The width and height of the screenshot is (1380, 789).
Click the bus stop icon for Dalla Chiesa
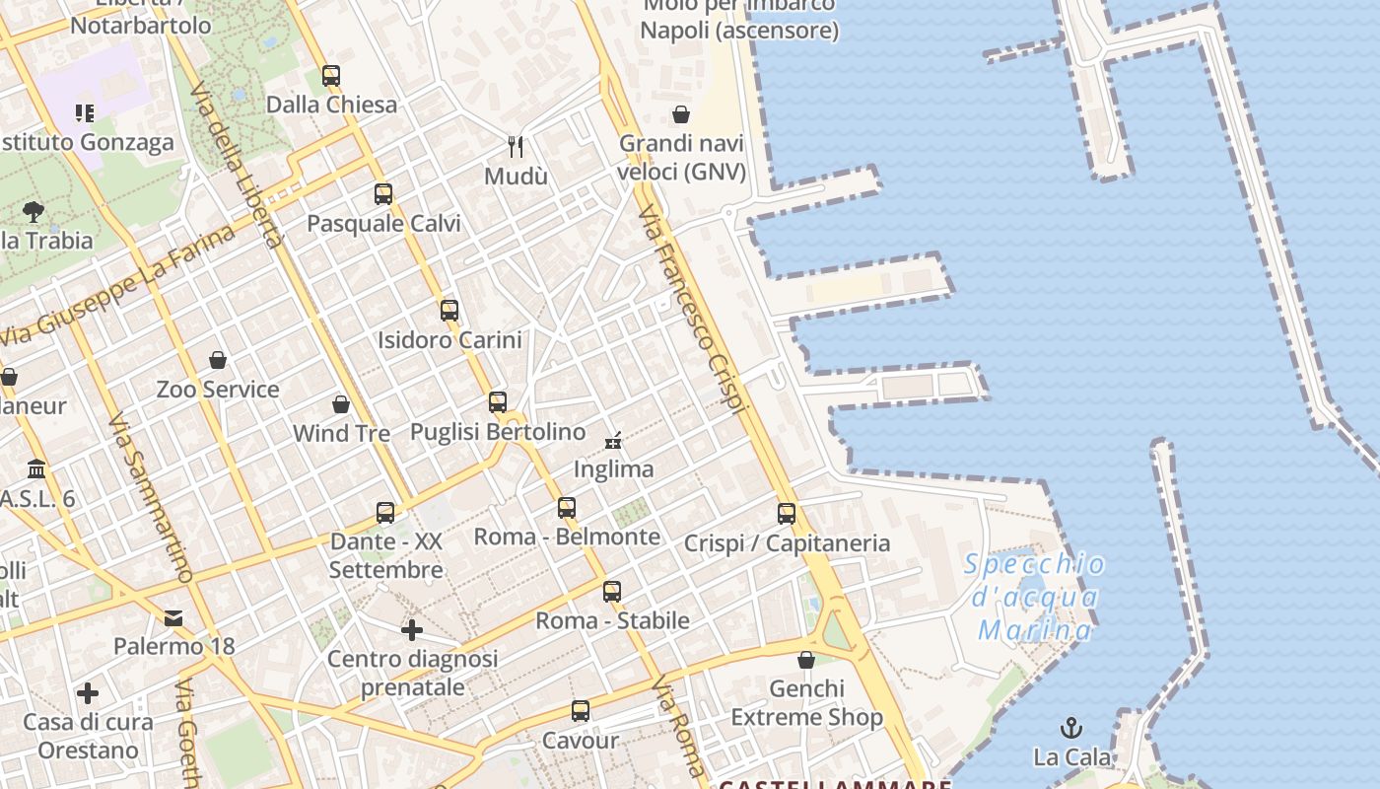(331, 76)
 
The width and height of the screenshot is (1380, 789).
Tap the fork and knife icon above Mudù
(515, 147)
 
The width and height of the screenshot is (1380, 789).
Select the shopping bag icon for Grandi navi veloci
(680, 114)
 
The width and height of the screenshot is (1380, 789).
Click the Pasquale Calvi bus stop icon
(383, 194)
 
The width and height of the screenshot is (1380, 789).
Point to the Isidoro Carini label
(449, 340)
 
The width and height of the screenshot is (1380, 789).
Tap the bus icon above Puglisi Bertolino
(498, 402)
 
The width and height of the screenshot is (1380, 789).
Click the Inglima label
(613, 469)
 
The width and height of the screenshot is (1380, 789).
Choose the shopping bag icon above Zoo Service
(218, 360)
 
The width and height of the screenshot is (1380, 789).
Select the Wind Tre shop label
(341, 433)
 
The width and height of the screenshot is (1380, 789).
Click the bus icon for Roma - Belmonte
(567, 508)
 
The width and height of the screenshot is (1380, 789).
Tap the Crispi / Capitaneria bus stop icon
(787, 514)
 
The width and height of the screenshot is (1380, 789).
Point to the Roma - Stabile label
(612, 621)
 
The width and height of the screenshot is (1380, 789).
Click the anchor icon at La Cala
(1071, 729)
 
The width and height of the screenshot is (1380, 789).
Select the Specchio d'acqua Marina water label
(1034, 597)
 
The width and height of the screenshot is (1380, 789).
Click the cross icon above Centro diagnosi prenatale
(412, 629)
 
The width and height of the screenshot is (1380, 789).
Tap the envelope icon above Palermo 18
(173, 618)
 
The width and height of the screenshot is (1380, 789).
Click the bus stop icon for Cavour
(581, 711)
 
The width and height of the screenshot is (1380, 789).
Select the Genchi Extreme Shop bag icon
(806, 660)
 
